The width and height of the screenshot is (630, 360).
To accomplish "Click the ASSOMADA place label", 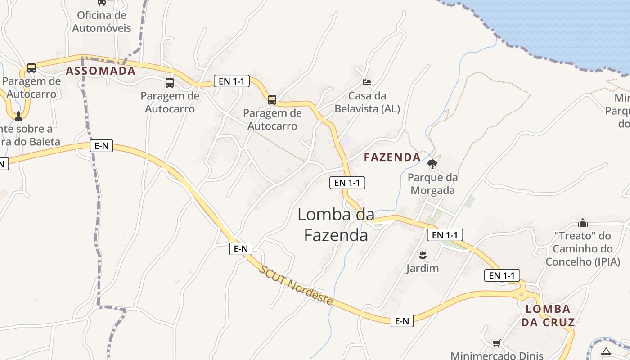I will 101,71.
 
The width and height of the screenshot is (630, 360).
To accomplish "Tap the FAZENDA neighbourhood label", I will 392,157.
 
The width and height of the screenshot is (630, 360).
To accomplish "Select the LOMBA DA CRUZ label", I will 548,315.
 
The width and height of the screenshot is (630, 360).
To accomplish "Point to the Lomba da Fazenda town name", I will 336,225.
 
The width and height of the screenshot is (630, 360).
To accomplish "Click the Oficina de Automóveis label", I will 102,22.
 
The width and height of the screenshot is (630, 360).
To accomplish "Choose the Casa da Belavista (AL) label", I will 367,102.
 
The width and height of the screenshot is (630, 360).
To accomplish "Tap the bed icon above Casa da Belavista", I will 367,82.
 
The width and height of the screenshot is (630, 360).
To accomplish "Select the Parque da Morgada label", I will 432,184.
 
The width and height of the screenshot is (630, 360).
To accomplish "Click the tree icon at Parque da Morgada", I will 432,164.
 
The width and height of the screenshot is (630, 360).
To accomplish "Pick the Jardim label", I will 422,269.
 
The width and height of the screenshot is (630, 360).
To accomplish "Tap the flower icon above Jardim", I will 422,256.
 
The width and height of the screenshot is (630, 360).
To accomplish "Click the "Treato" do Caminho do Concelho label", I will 583,248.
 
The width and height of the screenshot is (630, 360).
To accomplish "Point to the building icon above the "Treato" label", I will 583,223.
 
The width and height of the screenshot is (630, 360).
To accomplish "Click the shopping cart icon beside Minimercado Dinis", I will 496,343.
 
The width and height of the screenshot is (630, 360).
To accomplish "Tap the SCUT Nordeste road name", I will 296,285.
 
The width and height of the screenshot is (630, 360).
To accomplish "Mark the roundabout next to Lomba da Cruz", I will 522,295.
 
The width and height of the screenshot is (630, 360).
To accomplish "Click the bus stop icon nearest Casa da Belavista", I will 272,99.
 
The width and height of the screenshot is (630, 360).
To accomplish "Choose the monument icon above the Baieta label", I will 18,116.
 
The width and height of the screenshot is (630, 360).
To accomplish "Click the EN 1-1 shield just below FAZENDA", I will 347,183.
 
